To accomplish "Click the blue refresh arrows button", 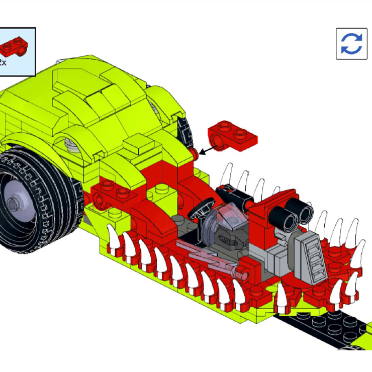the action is tap(351, 44).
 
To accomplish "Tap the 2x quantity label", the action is tap(3, 62).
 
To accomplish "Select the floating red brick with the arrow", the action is tap(232, 136).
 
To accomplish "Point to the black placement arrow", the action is tap(208, 150).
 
